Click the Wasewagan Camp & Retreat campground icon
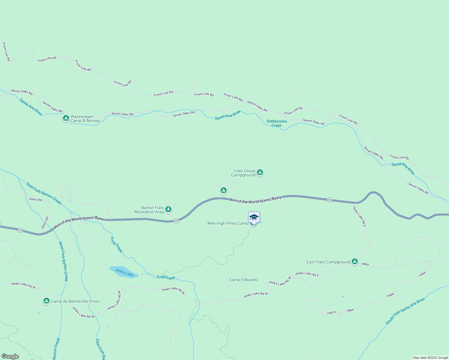tap(66, 118)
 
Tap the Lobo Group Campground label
tap(243, 173)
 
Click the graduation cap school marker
tap(254, 217)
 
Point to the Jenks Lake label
tap(124, 272)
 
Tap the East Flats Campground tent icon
tap(355, 262)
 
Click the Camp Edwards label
tap(243, 280)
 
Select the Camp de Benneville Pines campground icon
tap(46, 301)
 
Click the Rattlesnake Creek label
tap(277, 123)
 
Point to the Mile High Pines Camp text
tap(228, 223)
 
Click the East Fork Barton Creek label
tap(44, 193)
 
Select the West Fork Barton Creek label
tap(63, 261)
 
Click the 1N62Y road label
tap(331, 313)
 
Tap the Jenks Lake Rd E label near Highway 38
tap(359, 216)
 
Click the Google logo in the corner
tap(10, 356)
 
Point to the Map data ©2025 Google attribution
tap(430, 358)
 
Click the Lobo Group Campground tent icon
tap(260, 172)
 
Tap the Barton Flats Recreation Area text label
tap(149, 210)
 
